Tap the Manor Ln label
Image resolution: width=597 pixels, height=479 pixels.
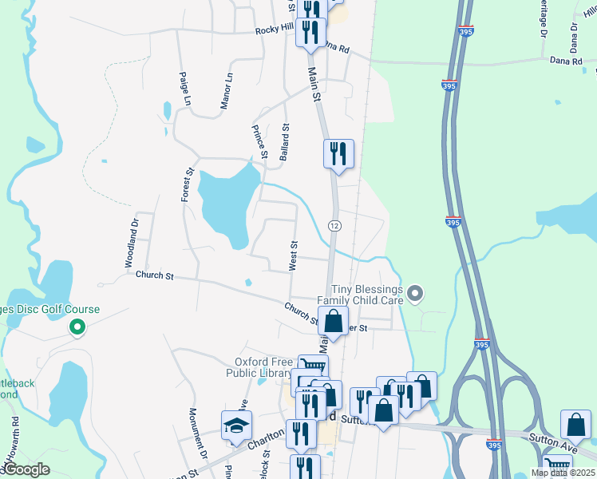227,92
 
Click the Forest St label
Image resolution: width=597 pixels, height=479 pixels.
188,184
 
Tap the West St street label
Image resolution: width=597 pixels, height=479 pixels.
293,256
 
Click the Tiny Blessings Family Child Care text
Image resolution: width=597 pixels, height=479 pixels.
363,295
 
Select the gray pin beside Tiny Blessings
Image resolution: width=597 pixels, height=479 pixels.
414,295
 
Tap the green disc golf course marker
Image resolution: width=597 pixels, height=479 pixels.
77,327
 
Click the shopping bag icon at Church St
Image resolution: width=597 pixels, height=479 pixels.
333,321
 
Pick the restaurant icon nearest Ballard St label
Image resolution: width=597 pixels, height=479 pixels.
338,152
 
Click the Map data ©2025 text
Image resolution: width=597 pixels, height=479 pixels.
562,473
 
